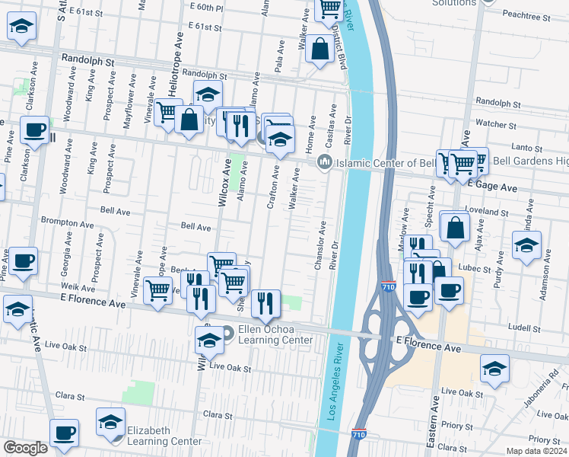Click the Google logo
24,448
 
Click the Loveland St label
488,211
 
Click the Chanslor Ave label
320,245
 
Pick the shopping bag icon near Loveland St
455,227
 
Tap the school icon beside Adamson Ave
526,246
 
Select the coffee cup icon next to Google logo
64,433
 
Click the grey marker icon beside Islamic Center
325,161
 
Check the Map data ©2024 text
538,451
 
